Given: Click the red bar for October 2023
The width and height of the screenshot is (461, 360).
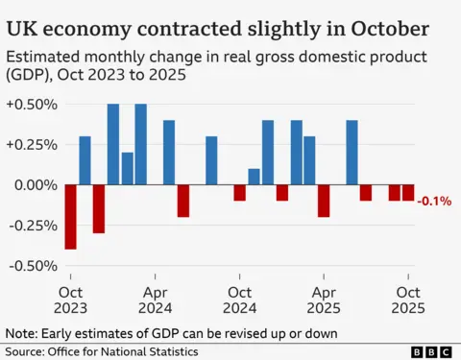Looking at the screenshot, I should (x=70, y=217).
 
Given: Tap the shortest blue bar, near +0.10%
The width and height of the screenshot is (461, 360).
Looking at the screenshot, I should (x=254, y=177).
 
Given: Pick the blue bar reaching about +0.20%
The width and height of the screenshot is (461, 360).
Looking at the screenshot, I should (x=127, y=168).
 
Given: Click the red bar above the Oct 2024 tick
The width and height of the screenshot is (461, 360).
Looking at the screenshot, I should (x=240, y=192).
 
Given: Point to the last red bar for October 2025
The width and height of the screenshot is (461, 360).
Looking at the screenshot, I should (x=408, y=192).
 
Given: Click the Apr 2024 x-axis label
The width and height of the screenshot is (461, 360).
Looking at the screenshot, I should (x=156, y=299).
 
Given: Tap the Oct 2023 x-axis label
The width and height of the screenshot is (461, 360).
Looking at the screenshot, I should (x=71, y=299).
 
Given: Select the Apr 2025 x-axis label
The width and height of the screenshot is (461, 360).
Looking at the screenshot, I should (x=325, y=299).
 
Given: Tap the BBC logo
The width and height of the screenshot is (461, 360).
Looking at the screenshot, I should (x=429, y=351).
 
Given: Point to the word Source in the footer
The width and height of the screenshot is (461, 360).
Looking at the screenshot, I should (x=26, y=350).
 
